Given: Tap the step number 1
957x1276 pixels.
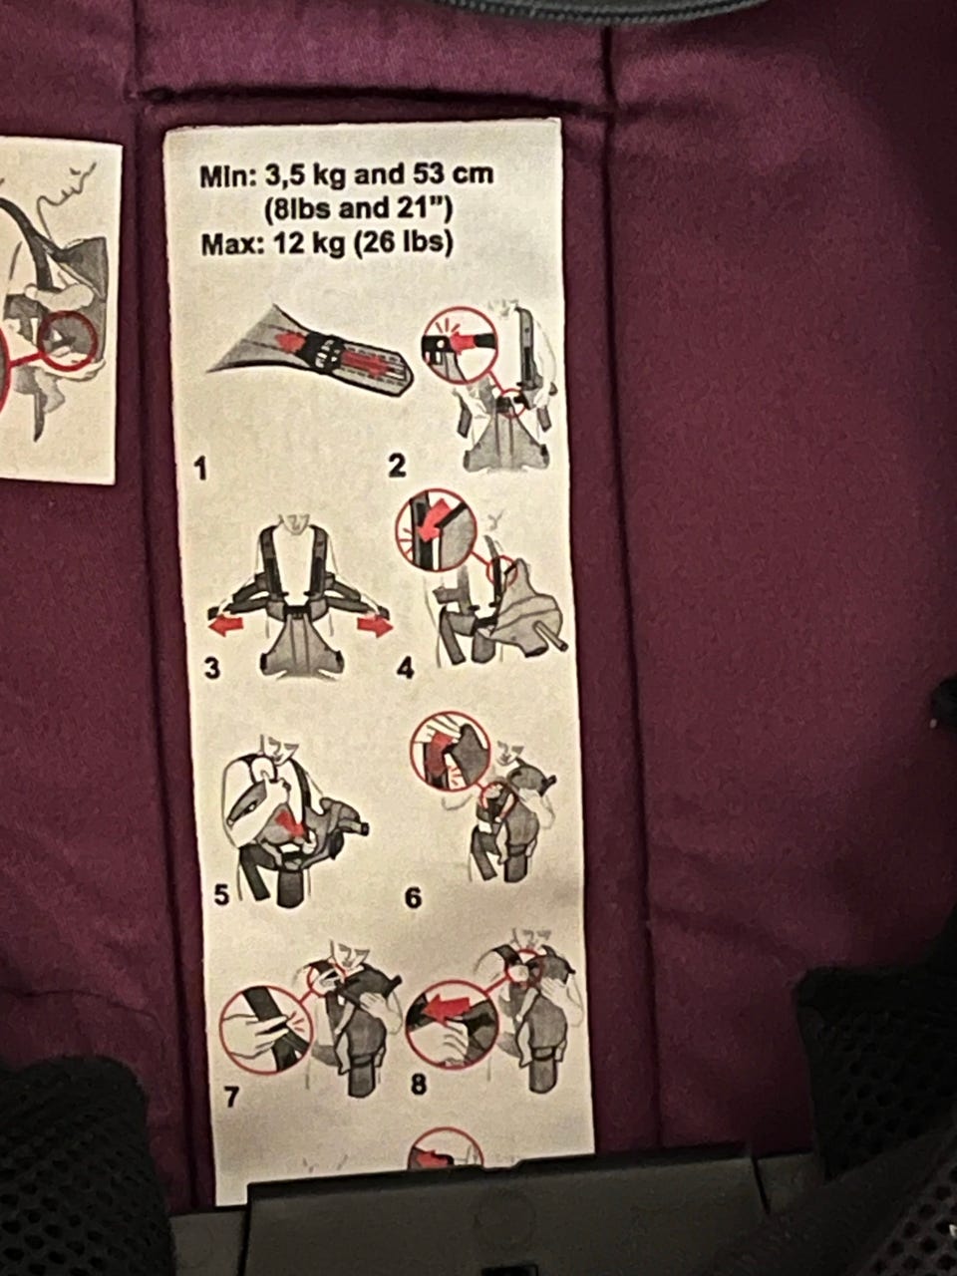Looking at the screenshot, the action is [x=201, y=469].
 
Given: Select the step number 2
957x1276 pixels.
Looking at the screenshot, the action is [x=397, y=466].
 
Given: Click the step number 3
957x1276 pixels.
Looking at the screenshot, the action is [x=212, y=669].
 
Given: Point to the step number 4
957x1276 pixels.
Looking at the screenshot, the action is [x=405, y=670].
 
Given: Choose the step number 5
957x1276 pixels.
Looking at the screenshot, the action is [x=221, y=895].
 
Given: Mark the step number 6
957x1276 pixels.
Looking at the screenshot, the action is [x=413, y=898].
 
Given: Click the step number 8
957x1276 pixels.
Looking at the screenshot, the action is [x=419, y=1085].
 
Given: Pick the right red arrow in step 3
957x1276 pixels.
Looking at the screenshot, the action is [x=374, y=625].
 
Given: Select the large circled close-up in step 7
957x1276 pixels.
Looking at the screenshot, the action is [x=265, y=1031].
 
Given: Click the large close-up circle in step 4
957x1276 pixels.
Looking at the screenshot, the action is [x=437, y=530].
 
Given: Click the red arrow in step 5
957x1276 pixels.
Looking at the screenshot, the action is [x=293, y=824].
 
